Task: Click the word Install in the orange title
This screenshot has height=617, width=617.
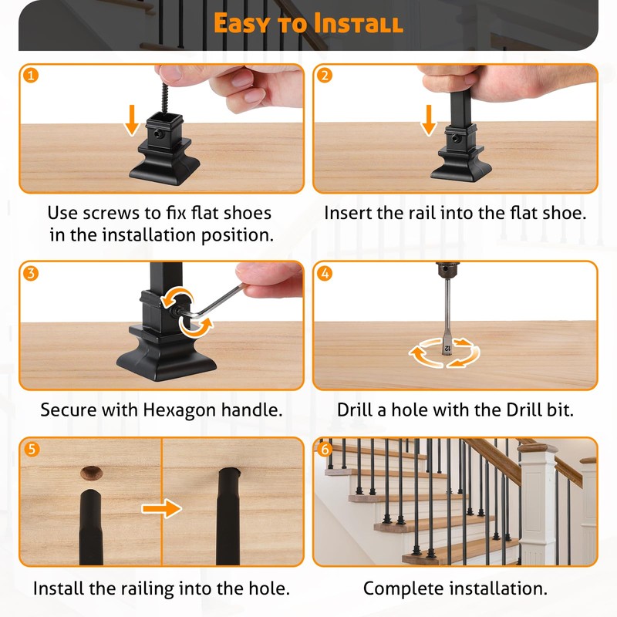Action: [x=359, y=23]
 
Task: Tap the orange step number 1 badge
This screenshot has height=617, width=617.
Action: [x=31, y=75]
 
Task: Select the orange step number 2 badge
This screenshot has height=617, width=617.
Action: [x=325, y=75]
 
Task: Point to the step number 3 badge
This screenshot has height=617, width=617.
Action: [x=31, y=273]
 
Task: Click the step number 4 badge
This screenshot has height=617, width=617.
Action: [x=325, y=273]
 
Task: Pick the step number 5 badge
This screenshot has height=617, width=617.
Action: [x=32, y=449]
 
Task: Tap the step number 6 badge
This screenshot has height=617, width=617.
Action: [x=325, y=449]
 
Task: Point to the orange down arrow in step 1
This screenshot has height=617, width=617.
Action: [x=132, y=120]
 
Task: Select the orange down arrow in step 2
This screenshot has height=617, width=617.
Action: [x=429, y=120]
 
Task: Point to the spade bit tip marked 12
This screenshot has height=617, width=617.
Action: [x=447, y=346]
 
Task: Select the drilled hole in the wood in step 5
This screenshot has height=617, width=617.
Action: [x=91, y=473]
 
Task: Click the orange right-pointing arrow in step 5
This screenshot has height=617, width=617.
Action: [x=162, y=508]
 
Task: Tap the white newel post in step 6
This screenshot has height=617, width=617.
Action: [x=538, y=504]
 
